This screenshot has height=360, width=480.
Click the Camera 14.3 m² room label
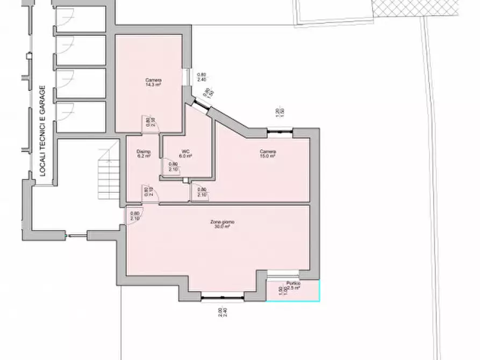(154, 83)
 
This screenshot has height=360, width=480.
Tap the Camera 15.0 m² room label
(268, 154)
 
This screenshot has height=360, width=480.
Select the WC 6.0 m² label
(187, 154)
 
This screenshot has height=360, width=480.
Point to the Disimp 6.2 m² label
(144, 154)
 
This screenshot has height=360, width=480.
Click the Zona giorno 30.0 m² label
(222, 225)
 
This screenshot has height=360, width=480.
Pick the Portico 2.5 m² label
(293, 286)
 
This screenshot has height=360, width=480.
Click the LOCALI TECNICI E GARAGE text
(42, 132)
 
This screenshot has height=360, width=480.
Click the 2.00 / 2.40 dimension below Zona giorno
(221, 313)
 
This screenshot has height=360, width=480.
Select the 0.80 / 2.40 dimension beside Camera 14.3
(202, 77)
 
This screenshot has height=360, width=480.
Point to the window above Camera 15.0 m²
(280, 129)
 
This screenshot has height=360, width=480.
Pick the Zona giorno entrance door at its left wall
(132, 216)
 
